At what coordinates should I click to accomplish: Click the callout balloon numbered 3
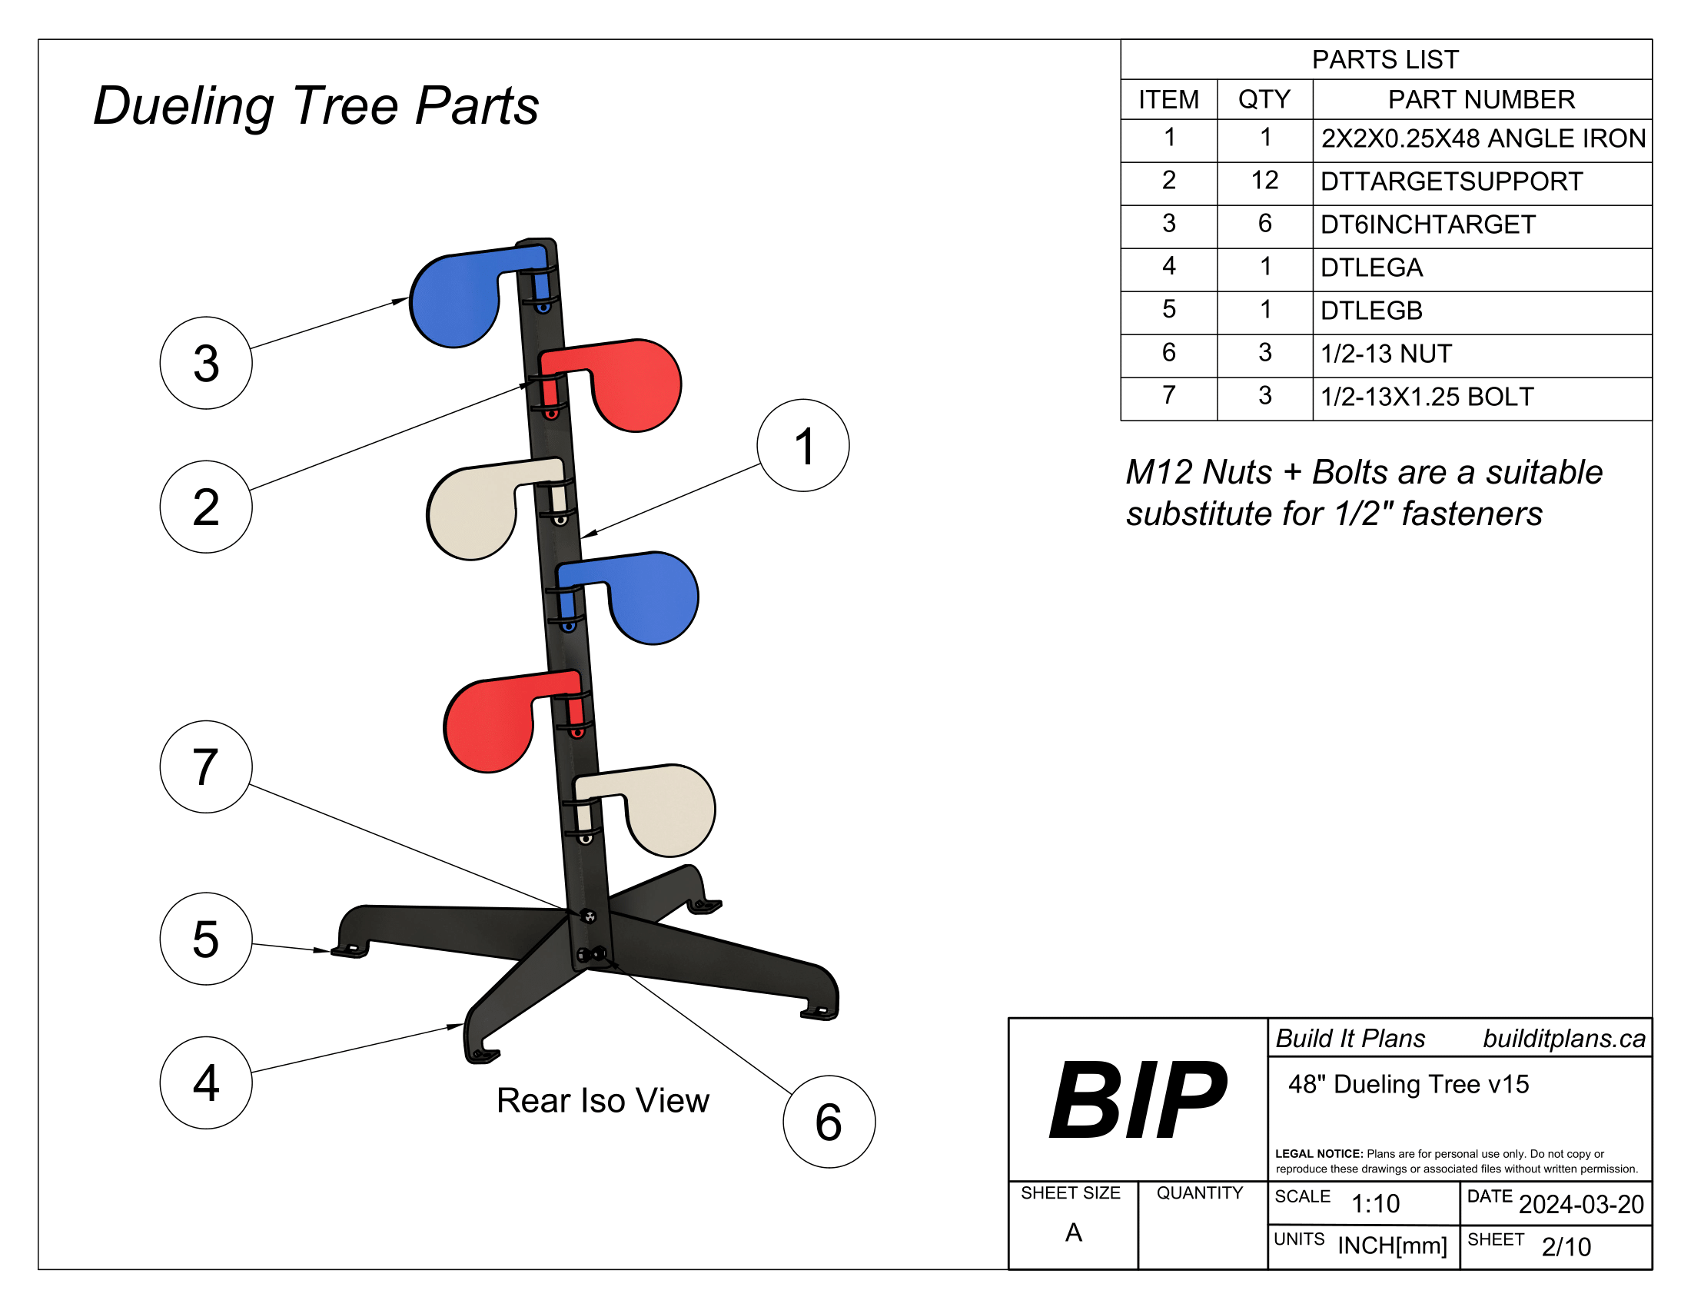click(x=206, y=363)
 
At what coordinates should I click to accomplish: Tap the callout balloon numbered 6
click(x=829, y=1121)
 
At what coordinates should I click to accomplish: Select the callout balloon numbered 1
click(x=803, y=446)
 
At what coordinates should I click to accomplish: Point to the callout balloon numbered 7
click(x=206, y=767)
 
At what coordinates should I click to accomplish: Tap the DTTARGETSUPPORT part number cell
click(x=1451, y=181)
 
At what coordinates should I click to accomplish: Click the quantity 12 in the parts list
click(x=1264, y=181)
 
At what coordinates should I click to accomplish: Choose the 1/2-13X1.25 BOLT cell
click(x=1426, y=397)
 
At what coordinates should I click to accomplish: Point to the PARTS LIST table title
click(x=1385, y=60)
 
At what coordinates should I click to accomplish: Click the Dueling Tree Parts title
click(x=316, y=105)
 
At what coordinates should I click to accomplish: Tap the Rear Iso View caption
click(x=603, y=1100)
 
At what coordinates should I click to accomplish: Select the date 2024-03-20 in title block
click(x=1580, y=1204)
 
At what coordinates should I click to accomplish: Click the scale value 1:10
click(x=1375, y=1203)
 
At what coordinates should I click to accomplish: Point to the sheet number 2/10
click(x=1566, y=1246)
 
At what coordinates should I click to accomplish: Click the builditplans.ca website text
click(x=1563, y=1039)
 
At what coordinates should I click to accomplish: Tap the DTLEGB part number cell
click(x=1371, y=311)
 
